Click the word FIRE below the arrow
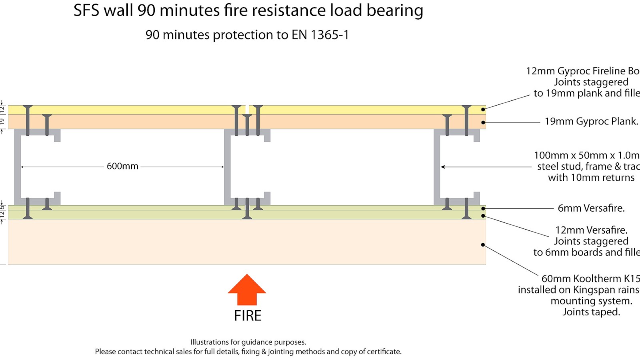tap(248, 316)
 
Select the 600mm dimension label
tap(122, 166)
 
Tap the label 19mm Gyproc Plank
tap(591, 122)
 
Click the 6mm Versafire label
tap(591, 208)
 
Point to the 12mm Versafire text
tap(591, 230)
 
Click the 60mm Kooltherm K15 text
tap(590, 279)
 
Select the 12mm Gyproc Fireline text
tap(582, 71)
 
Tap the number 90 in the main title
tap(146, 11)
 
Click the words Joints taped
tap(591, 312)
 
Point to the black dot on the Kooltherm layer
tap(483, 245)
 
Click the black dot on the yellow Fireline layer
tap(483, 109)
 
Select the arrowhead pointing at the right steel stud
tap(443, 167)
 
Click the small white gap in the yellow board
tap(247, 109)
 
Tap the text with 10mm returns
tap(591, 178)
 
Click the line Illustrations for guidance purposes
tap(248, 342)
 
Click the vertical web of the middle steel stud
tap(227, 167)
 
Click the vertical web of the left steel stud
tap(18, 167)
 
